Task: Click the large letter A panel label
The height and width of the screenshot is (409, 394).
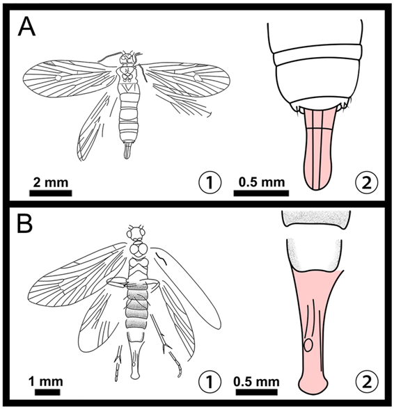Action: pyautogui.click(x=26, y=27)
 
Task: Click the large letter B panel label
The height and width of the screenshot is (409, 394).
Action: pyautogui.click(x=25, y=224)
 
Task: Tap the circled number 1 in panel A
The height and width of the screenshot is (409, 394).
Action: pyautogui.click(x=210, y=182)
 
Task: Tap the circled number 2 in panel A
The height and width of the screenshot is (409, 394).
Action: pyautogui.click(x=367, y=182)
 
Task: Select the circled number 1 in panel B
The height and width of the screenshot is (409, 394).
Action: pyautogui.click(x=210, y=382)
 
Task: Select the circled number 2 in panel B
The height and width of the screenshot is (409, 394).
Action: pyautogui.click(x=367, y=382)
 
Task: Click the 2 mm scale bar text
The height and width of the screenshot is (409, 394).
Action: pyautogui.click(x=50, y=182)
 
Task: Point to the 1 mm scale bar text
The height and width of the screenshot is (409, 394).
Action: pyautogui.click(x=46, y=382)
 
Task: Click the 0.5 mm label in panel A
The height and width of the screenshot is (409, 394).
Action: pyautogui.click(x=262, y=182)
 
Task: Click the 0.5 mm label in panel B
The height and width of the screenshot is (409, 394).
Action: pyautogui.click(x=257, y=382)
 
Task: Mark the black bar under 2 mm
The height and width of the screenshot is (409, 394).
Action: pyautogui.click(x=50, y=193)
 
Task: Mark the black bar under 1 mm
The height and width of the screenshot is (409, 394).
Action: pyautogui.click(x=47, y=392)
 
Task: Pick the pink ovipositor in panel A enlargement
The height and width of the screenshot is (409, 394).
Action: pyautogui.click(x=319, y=149)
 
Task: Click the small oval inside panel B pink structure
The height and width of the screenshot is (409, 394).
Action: pyautogui.click(x=308, y=345)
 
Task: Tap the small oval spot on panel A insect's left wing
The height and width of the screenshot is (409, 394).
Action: pyautogui.click(x=58, y=77)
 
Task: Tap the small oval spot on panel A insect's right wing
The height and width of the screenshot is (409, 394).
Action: pyautogui.click(x=197, y=77)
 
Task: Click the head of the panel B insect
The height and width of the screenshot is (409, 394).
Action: pyautogui.click(x=136, y=232)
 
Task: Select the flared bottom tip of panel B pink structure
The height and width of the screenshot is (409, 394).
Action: pyautogui.click(x=313, y=385)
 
